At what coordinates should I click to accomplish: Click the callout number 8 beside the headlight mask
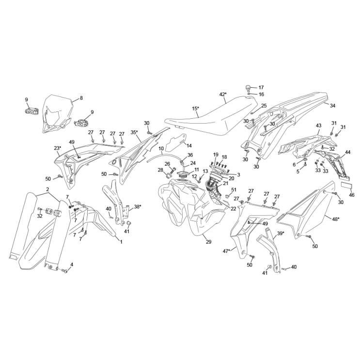81,98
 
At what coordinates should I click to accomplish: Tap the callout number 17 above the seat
261,88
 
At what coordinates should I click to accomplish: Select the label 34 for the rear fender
332,106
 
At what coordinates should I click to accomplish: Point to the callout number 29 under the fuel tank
208,242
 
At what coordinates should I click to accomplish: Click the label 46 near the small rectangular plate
352,195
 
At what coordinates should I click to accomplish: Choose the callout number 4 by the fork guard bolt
72,265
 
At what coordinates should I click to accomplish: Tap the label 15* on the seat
196,109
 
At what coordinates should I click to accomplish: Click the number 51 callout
234,190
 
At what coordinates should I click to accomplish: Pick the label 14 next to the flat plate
189,145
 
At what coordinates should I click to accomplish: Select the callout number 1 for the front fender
121,242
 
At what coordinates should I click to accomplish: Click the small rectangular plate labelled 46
345,186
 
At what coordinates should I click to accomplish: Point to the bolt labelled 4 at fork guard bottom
65,271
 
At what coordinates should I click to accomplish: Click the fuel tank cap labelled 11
183,175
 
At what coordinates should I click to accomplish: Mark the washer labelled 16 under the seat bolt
249,94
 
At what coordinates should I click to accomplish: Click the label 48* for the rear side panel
336,219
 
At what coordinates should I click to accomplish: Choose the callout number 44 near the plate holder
348,152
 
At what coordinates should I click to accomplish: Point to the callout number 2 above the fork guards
47,189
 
